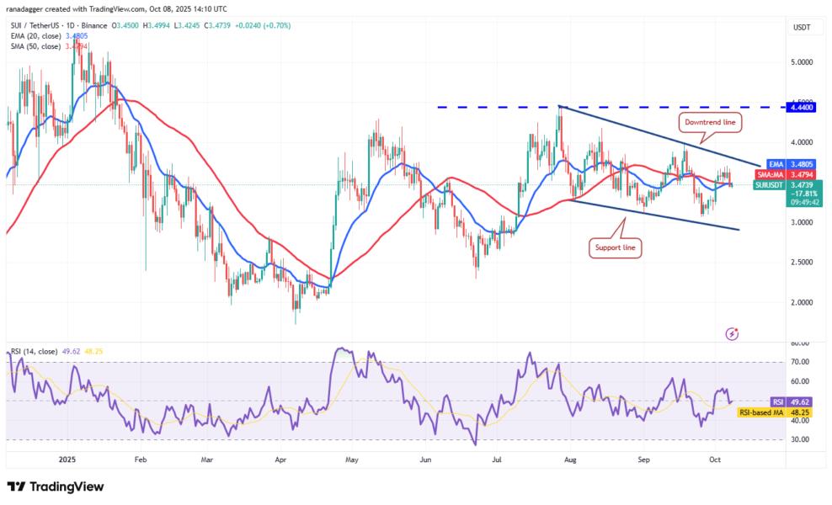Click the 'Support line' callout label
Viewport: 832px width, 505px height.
click(x=615, y=249)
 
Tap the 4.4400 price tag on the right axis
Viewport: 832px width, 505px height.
click(x=802, y=107)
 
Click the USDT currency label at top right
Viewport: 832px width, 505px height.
click(x=802, y=28)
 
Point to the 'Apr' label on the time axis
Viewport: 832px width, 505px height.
click(x=281, y=460)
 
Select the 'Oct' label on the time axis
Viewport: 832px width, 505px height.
click(x=714, y=460)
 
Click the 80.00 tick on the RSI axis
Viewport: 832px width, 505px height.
click(x=801, y=343)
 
